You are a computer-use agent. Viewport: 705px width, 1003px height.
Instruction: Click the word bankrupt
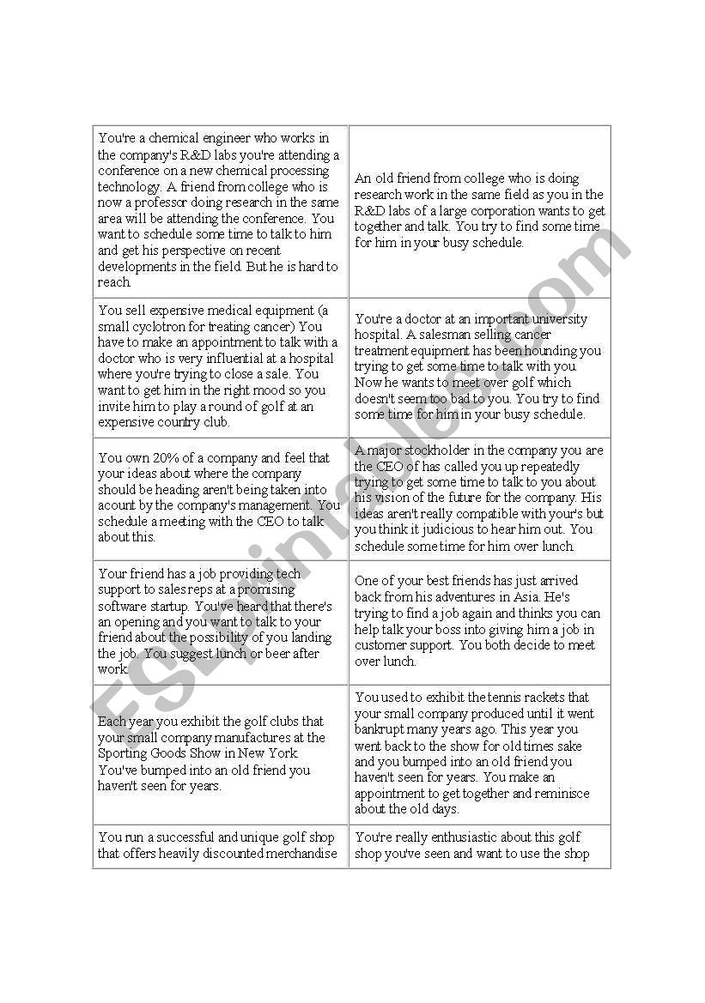point(382,729)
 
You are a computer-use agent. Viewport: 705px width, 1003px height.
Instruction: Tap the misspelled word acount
point(117,505)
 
